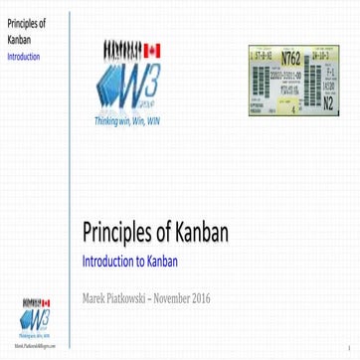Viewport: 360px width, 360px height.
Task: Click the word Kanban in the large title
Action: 202,234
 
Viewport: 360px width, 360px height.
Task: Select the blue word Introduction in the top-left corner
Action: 23,58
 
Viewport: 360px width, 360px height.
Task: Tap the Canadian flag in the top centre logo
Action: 152,48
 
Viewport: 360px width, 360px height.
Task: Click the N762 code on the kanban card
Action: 291,56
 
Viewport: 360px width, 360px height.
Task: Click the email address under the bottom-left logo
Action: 35,348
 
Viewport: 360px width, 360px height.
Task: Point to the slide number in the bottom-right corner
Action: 350,347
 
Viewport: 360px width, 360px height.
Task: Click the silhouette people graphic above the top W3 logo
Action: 121,48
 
